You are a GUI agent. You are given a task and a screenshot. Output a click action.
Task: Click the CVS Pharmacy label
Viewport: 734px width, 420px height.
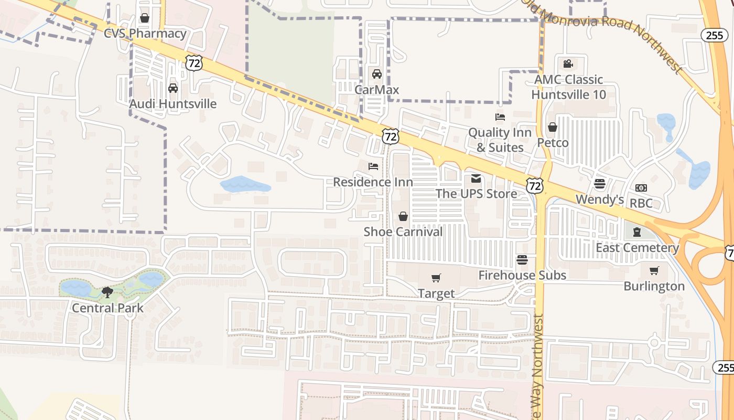click(145, 34)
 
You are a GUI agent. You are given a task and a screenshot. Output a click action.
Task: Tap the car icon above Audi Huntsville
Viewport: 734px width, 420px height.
click(173, 88)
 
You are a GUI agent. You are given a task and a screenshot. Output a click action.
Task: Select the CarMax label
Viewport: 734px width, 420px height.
click(376, 90)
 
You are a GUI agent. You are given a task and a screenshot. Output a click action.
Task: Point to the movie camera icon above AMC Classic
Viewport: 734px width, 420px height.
click(568, 64)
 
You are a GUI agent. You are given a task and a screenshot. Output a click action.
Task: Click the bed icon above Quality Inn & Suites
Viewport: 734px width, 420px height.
click(500, 117)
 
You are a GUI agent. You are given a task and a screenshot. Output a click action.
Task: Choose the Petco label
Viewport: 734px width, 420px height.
click(553, 143)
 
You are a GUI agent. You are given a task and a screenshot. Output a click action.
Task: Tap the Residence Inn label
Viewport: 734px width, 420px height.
click(373, 182)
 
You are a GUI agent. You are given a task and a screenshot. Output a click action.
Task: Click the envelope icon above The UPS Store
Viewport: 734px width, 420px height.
click(476, 178)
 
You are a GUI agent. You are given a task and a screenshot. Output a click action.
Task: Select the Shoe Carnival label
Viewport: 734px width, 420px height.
click(403, 232)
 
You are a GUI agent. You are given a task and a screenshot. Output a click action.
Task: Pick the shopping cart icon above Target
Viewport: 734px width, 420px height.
click(436, 278)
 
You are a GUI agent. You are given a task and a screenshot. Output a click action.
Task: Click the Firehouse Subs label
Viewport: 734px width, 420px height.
click(522, 275)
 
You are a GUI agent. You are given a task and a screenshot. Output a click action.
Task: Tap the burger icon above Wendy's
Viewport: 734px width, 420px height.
click(600, 184)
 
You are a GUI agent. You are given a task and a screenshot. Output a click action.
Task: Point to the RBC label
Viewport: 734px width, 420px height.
click(641, 203)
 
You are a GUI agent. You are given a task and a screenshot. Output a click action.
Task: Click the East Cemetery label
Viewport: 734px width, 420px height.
click(637, 248)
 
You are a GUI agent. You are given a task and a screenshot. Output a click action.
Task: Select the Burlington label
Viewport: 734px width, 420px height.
click(654, 286)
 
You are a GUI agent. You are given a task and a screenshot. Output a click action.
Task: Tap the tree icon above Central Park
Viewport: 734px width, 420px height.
click(107, 292)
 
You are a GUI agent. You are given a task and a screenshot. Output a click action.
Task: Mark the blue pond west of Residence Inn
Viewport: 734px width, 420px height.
click(245, 185)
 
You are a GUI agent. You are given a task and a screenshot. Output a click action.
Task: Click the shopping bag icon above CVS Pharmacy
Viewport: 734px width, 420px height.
click(145, 18)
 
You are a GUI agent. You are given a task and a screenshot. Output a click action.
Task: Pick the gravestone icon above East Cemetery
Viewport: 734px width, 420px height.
click(637, 232)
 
